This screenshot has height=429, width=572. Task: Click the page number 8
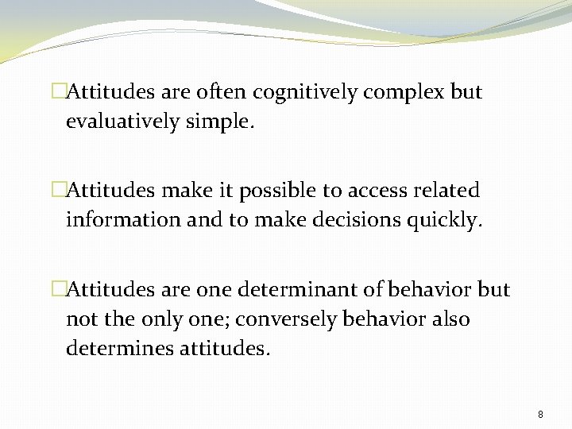(540, 415)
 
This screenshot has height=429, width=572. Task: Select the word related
(450, 191)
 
